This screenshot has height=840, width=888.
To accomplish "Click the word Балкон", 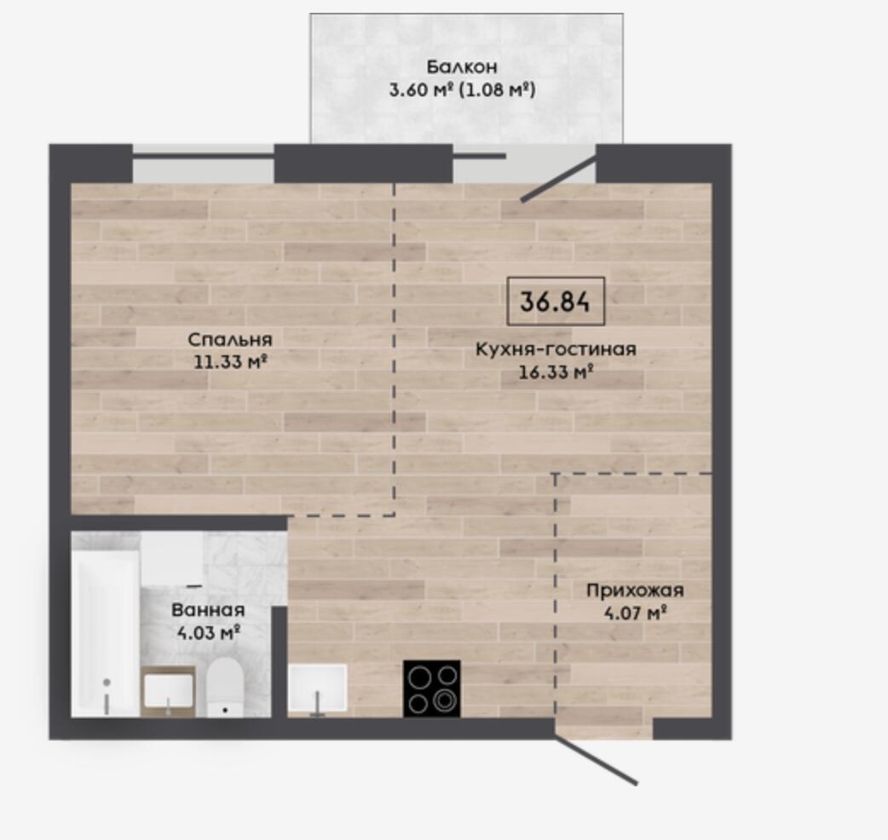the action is (462, 66).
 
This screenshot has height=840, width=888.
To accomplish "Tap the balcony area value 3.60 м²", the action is (420, 90).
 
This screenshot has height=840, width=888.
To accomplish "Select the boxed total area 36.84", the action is (556, 301).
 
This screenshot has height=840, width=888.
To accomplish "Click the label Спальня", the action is (230, 340).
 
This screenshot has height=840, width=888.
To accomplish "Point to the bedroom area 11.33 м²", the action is (230, 362).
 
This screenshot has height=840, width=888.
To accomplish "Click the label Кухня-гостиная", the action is (556, 349).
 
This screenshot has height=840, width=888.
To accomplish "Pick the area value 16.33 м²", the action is (556, 372).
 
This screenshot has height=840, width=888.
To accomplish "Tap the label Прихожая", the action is (635, 591).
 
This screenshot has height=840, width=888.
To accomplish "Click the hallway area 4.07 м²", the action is (635, 613).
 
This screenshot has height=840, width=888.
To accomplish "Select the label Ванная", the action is (208, 610).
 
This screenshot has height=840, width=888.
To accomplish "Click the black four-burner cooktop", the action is (431, 688).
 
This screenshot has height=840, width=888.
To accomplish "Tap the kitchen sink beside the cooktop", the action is (317, 688).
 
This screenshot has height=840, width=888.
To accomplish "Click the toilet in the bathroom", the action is (225, 688).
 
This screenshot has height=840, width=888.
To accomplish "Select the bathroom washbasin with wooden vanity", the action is (168, 691).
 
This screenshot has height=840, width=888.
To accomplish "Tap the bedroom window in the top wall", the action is (204, 164).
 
